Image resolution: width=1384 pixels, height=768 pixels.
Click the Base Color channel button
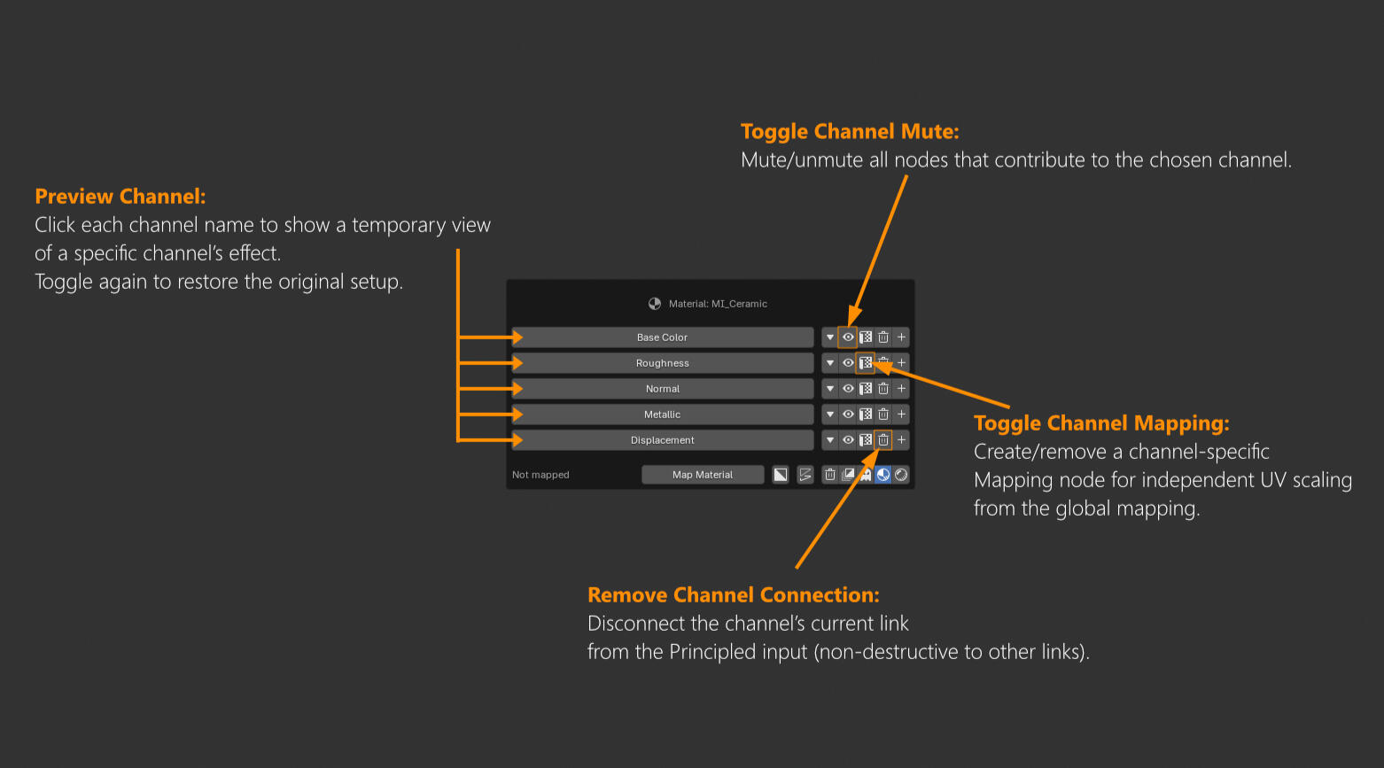(662, 337)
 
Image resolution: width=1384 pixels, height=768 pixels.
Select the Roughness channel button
(662, 363)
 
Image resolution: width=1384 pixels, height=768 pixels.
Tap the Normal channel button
(662, 389)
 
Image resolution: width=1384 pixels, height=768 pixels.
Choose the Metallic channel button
(662, 415)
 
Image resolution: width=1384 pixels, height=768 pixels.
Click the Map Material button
(702, 475)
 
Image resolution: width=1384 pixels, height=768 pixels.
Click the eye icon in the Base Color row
(848, 337)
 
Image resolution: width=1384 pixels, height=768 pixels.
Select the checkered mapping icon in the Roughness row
(866, 363)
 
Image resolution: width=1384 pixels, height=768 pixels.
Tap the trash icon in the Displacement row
(883, 440)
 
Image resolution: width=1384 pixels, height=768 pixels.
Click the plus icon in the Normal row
(901, 389)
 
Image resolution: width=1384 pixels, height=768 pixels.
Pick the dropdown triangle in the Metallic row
(830, 415)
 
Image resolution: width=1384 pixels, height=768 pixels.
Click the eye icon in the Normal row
(848, 389)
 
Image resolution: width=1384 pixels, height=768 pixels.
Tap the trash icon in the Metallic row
(883, 415)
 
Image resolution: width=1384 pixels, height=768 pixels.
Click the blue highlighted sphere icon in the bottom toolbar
(883, 475)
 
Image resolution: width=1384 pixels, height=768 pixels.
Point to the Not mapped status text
(540, 475)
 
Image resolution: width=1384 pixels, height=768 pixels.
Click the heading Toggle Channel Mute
(850, 132)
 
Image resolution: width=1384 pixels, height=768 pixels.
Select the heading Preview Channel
(120, 197)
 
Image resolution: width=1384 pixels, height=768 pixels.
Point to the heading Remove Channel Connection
(733, 595)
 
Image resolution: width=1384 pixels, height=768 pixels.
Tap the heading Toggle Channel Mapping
(1101, 423)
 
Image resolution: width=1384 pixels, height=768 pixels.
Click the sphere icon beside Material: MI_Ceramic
(655, 304)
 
